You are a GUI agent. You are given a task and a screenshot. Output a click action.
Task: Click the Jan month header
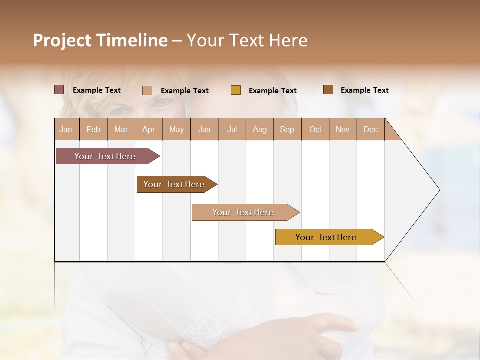pyautogui.click(x=66, y=129)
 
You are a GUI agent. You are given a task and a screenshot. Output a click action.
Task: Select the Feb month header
pyautogui.click(x=93, y=129)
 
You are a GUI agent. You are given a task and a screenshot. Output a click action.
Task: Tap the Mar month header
pyautogui.click(x=121, y=129)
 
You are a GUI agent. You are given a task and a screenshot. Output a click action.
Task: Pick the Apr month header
pyautogui.click(x=149, y=129)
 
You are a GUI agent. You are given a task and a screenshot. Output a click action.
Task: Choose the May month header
pyautogui.click(x=176, y=129)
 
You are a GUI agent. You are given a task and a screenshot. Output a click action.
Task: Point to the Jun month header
pyautogui.click(x=204, y=129)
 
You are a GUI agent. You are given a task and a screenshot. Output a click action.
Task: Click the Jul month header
pyautogui.click(x=232, y=129)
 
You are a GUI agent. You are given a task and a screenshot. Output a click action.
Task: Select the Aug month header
pyautogui.click(x=260, y=129)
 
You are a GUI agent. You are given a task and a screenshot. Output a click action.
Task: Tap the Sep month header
pyautogui.click(x=287, y=129)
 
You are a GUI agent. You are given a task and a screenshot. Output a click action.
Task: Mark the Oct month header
pyautogui.click(x=315, y=129)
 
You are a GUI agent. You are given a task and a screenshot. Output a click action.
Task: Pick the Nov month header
pyautogui.click(x=343, y=129)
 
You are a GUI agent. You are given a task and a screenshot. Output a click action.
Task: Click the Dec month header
pyautogui.click(x=371, y=129)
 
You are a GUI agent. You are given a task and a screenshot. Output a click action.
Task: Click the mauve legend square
pyautogui.click(x=59, y=90)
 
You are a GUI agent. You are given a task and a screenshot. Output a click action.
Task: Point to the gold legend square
pyautogui.click(x=236, y=90)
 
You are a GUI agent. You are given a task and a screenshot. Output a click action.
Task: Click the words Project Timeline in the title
pyautogui.click(x=100, y=40)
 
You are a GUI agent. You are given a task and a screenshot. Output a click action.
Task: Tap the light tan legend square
pyautogui.click(x=147, y=90)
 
